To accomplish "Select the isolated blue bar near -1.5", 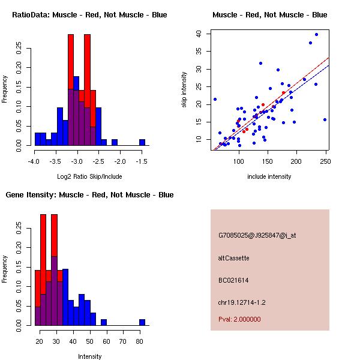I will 142,143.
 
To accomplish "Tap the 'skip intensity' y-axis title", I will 184,89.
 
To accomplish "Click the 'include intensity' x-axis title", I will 269,176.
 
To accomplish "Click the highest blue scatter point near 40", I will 316,35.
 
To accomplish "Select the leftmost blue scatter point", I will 215,99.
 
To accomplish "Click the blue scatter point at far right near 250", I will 325,119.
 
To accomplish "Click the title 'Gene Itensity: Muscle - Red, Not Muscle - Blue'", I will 89,195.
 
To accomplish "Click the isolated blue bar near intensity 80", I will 142,322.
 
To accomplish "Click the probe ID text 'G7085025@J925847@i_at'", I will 257,235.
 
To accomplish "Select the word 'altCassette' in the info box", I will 234,258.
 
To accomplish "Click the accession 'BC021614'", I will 233,280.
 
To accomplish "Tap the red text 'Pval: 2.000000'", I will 239,319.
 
